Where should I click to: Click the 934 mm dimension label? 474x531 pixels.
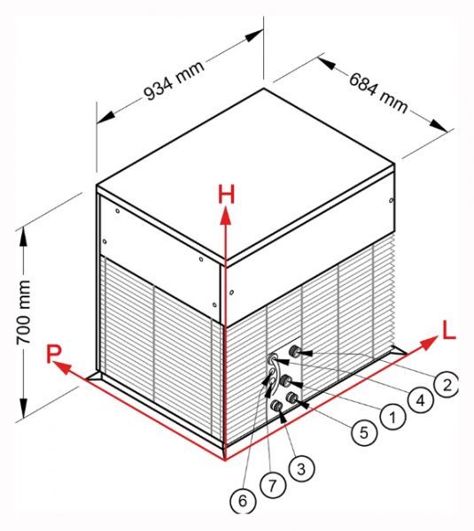[175, 81]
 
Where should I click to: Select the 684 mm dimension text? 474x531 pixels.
[378, 93]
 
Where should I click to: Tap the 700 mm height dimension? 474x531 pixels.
[24, 312]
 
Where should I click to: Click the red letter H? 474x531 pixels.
[227, 195]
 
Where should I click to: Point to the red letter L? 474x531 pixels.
[449, 330]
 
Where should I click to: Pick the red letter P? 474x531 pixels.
[53, 354]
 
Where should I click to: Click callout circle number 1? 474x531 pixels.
[392, 418]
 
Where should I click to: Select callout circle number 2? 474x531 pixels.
[447, 385]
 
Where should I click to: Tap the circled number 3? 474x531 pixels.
[301, 469]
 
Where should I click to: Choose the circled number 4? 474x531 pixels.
[420, 401]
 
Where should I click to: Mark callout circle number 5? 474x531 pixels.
[364, 432]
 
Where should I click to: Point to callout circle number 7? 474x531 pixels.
[273, 486]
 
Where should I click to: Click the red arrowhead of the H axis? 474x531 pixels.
[225, 217]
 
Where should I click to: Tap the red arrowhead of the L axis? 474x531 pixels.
[428, 342]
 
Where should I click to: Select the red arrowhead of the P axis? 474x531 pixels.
[62, 366]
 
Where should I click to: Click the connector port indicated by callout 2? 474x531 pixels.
[294, 351]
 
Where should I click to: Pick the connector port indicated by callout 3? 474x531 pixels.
[277, 405]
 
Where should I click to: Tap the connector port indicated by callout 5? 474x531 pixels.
[291, 398]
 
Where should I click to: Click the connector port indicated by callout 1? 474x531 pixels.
[285, 381]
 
